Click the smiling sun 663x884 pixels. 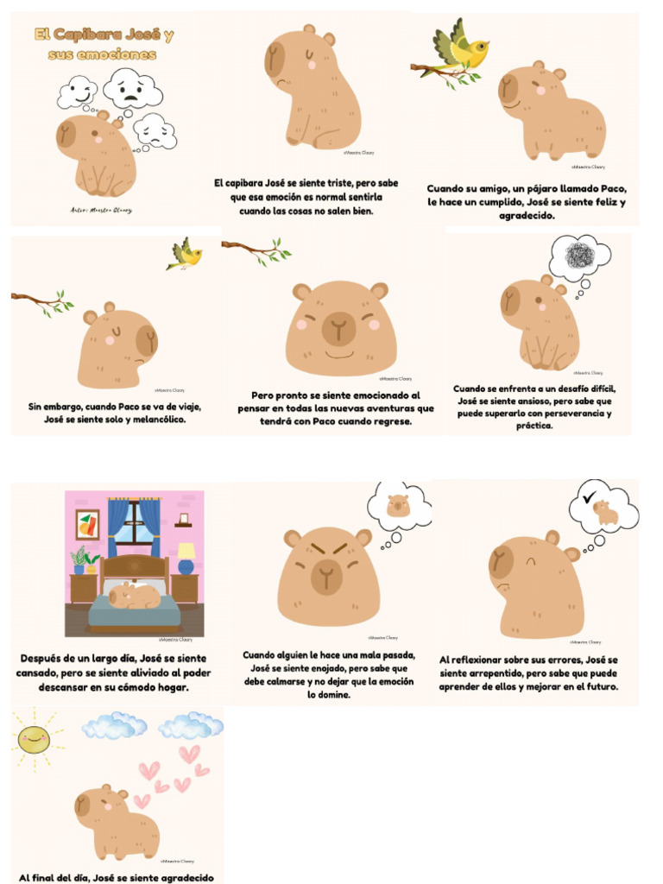click(34, 740)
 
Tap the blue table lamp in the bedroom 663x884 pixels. click(186, 558)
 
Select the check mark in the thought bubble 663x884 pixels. click(590, 498)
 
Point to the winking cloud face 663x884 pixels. click(78, 91)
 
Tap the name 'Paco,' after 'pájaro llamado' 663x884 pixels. click(614, 188)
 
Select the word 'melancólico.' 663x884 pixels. click(151, 420)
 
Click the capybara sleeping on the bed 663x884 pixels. click(135, 596)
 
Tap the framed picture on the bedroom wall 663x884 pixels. click(87, 524)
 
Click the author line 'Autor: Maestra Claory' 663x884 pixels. click(101, 209)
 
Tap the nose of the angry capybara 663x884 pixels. click(325, 571)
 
